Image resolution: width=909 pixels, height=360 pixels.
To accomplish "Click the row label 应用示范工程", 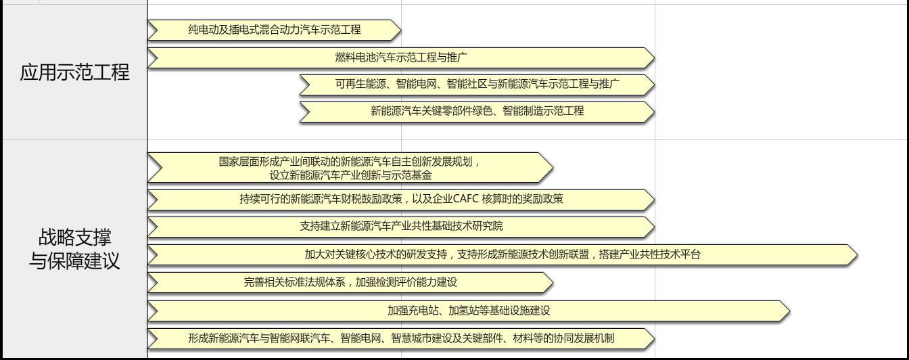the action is coord(74,72).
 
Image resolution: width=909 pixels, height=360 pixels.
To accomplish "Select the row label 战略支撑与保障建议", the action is coord(74,249).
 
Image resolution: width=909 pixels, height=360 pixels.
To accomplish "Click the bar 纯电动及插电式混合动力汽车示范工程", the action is coord(275,30).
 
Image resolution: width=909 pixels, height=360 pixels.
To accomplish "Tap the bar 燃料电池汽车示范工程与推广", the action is coord(401,58).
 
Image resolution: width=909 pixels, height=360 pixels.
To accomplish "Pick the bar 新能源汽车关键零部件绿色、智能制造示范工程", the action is coord(477,112).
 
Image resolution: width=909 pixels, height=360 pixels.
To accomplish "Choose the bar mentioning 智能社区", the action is coord(477,85).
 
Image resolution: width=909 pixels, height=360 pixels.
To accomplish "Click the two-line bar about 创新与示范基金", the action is coord(350,168).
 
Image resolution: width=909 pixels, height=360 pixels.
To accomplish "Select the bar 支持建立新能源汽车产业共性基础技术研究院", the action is coord(401,227).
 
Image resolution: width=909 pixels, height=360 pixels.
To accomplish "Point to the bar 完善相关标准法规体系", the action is coord(350,282).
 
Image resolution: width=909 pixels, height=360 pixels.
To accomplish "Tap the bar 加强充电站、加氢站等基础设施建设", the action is coord(469,311).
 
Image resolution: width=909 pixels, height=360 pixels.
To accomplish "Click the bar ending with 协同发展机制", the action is coord(401,338).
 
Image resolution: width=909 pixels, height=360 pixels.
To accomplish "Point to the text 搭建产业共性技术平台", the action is coord(650,254).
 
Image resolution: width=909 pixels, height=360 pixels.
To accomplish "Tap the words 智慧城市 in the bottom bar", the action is coord(411,338).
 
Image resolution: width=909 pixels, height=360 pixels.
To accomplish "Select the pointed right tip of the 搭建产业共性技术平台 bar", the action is coord(857,255).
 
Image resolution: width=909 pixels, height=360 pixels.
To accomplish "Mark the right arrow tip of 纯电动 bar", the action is coord(400,30).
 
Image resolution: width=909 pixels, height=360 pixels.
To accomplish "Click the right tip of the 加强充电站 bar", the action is coord(789,311).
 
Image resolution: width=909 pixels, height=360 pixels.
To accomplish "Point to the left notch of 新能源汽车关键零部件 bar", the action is coord(310,112).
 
